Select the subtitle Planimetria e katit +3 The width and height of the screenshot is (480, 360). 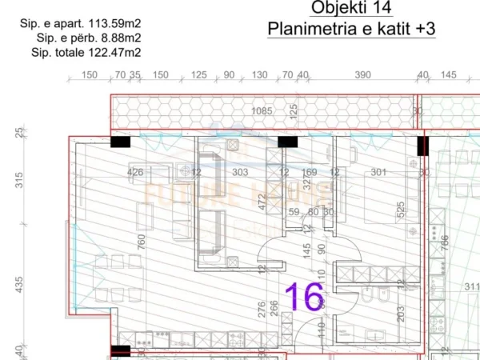(x=351, y=29)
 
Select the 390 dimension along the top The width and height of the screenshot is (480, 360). (x=362, y=74)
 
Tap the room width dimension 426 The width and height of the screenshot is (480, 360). (x=135, y=171)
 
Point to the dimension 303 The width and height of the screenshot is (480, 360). (x=239, y=171)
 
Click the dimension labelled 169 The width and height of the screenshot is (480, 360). (x=310, y=171)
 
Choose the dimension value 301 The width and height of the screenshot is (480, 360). (x=378, y=171)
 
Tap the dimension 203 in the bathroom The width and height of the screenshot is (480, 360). (x=401, y=313)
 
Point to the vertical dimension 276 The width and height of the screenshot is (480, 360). (x=261, y=310)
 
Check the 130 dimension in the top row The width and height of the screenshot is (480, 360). (x=259, y=74)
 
